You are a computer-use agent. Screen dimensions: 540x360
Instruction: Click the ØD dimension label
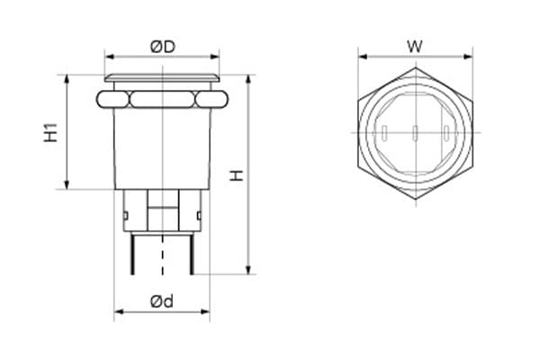coord(163,47)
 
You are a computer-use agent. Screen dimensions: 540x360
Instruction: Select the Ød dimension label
coord(162,301)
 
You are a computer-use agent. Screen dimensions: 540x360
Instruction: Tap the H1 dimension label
coord(50,132)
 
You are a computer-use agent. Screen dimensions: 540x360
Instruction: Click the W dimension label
coord(415,47)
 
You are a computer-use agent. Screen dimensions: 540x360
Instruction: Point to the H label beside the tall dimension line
coord(237,175)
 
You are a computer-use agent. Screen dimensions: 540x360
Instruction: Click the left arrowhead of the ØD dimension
coord(109,57)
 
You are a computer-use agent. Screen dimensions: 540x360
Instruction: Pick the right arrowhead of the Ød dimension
coord(205,311)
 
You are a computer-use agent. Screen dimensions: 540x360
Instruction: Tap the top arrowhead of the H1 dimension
coord(67,79)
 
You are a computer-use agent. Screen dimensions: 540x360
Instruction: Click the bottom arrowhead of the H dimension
coord(249,270)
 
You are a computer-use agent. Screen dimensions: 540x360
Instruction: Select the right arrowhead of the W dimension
coord(468,57)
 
